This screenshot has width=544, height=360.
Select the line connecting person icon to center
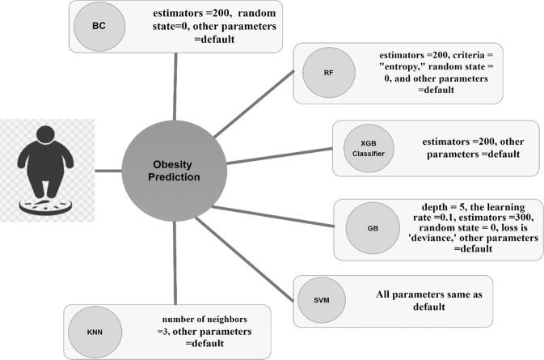[108, 171]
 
